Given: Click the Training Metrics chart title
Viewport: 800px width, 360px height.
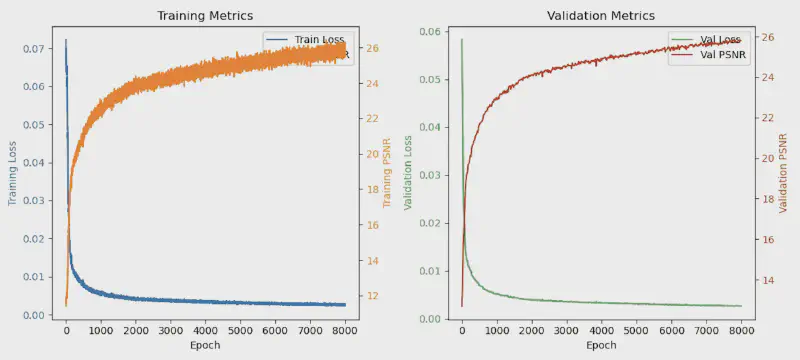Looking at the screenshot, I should tap(205, 16).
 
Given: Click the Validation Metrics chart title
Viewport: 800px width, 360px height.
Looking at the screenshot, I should tap(601, 16).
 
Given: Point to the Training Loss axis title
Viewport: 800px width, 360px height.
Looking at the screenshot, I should tap(13, 172).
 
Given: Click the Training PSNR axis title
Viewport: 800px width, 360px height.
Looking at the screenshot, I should tap(386, 172).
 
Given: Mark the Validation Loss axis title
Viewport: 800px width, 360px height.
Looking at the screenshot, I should tap(408, 172).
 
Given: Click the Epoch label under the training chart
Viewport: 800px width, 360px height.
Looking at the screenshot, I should tap(205, 345).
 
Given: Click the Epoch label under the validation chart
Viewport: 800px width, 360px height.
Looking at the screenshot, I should tap(601, 345).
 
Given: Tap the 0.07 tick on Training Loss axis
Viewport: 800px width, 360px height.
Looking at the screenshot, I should tap(33, 49).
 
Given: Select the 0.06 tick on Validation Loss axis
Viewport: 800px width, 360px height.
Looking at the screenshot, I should tap(429, 32).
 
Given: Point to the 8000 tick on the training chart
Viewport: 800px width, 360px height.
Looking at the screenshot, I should tap(345, 329).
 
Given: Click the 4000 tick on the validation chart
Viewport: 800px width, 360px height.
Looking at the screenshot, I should tap(601, 329).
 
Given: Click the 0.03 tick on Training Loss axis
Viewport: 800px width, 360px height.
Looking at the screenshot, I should tap(33, 201).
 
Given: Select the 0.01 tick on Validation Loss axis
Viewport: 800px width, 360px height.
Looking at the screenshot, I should tap(429, 271).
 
